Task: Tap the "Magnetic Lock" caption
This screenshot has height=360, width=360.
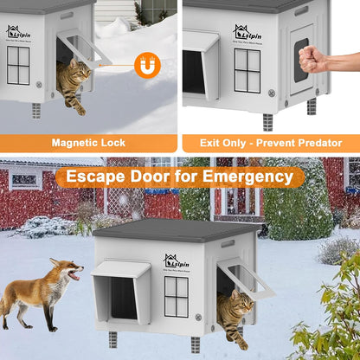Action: click(88, 143)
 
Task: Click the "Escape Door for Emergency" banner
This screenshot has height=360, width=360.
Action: click(179, 177)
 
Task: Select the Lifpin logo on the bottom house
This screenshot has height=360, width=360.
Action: click(177, 261)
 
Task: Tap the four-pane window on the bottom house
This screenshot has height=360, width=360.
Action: click(177, 296)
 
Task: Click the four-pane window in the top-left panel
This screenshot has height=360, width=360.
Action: click(17, 65)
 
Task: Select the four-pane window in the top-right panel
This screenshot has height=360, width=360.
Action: click(247, 70)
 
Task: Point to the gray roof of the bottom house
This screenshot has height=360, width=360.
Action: click(177, 231)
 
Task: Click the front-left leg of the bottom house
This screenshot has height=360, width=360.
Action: click(112, 338)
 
